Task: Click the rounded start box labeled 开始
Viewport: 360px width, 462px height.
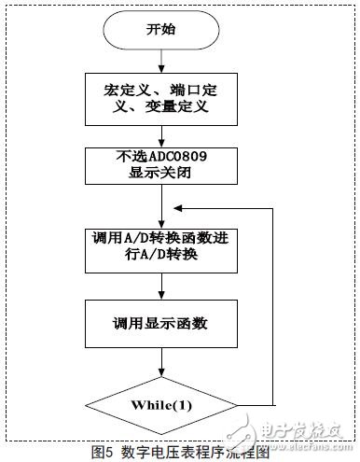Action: pos(162,30)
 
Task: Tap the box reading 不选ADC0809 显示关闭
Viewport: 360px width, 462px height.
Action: pos(162,165)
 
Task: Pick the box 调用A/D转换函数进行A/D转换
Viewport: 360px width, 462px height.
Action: pos(162,246)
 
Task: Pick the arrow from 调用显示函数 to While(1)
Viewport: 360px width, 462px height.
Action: pos(162,363)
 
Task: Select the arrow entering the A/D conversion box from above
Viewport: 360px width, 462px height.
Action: pos(162,205)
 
